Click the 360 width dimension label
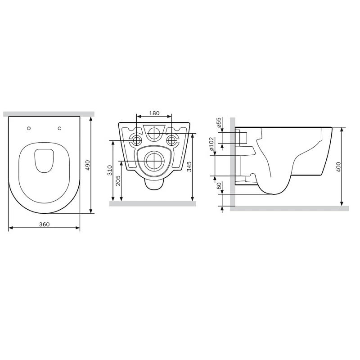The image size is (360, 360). click(44, 224)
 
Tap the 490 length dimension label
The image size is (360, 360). click(87, 165)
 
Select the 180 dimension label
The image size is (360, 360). click(154, 113)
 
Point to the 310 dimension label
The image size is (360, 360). click(110, 170)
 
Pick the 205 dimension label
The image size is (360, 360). click(118, 181)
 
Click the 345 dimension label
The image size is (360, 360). click(189, 166)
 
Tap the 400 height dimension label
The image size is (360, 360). click(338, 167)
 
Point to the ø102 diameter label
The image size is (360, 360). click(211, 144)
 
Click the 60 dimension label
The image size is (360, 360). click(219, 185)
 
